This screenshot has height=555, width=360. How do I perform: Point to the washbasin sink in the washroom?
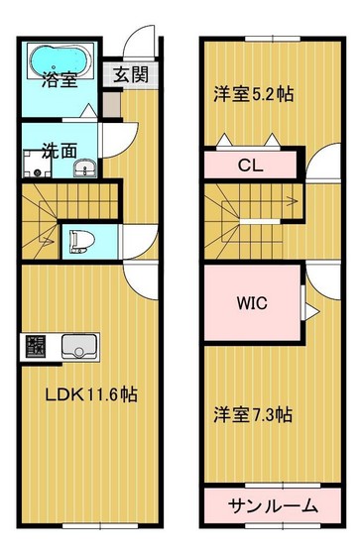tap(84, 166)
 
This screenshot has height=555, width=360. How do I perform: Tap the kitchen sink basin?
tap(79, 347)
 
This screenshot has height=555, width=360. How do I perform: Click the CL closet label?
tap(251, 166)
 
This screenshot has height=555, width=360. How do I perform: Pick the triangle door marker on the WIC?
tap(309, 312)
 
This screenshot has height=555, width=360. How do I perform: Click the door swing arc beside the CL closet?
tap(321, 165)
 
